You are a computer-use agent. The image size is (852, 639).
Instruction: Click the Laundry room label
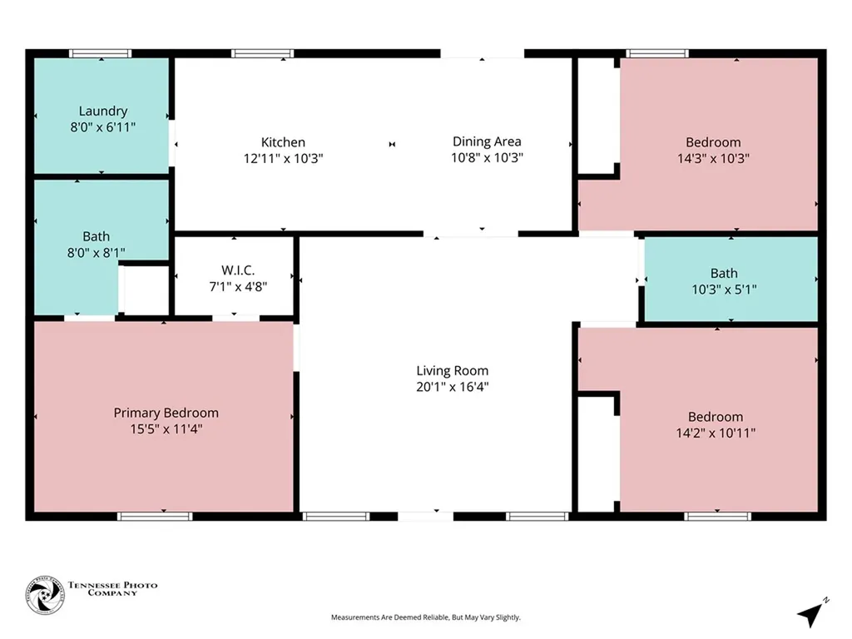coord(103,111)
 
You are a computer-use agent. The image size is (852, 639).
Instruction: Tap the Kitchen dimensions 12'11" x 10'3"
coord(283,159)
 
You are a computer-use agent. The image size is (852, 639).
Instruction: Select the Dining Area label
coord(487,141)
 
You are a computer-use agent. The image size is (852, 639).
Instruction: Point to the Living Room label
coord(453,370)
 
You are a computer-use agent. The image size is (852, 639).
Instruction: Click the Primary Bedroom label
coord(166,413)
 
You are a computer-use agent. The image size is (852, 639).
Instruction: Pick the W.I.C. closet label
coord(238,270)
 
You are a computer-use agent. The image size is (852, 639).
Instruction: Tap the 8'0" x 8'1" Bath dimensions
coord(97,253)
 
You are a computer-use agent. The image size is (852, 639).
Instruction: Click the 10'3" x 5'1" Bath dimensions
coord(725,290)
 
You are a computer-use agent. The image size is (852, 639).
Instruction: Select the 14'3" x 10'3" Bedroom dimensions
coord(713,159)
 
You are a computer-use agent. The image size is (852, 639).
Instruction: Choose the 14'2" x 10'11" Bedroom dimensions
coord(716,433)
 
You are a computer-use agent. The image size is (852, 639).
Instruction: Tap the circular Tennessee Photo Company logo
coord(45,595)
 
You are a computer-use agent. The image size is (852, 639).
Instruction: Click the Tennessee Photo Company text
coord(112,589)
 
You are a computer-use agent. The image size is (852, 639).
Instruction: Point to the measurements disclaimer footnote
coord(426,617)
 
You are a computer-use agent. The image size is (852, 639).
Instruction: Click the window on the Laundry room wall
coord(100,53)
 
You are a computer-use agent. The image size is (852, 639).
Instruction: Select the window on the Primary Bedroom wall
coord(155,516)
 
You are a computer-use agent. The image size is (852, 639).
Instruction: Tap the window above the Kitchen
coord(262,53)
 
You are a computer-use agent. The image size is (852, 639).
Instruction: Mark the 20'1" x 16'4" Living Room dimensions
coord(453,387)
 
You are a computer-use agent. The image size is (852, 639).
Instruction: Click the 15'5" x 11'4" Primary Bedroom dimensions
coord(166,429)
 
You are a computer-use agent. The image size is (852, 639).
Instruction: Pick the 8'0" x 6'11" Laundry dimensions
coord(103,127)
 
